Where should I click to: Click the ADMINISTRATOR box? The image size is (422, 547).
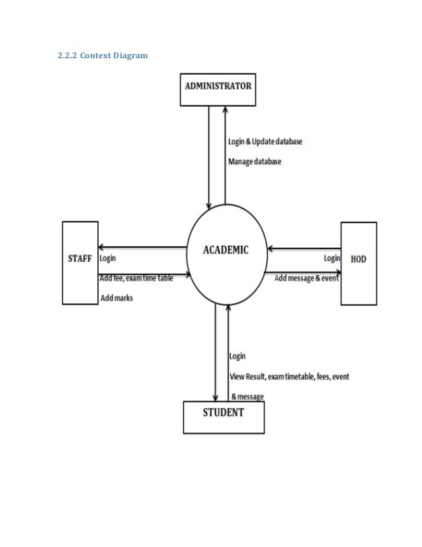pos(218,91)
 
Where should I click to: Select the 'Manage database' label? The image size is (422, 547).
pos(255,161)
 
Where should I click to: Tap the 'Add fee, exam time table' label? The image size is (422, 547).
pos(137,279)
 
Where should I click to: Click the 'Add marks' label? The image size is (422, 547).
pos(116,298)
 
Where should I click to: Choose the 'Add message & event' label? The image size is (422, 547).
pos(306,279)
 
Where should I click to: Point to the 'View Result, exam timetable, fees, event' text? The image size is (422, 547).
pos(289,377)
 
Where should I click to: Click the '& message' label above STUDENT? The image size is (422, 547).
pos(247,397)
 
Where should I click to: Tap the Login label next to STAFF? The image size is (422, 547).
pos(110,258)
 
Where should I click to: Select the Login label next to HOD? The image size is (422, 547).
pos(332,258)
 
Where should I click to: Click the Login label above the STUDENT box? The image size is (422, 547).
pos(237,356)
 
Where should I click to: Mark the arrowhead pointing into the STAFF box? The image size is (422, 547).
pos(101,246)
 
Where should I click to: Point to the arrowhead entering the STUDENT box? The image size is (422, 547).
pos(216,397)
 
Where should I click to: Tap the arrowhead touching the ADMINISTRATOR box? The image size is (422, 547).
pos(226,110)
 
